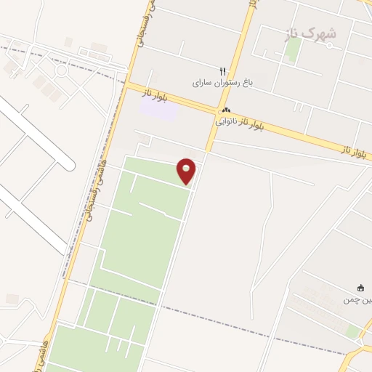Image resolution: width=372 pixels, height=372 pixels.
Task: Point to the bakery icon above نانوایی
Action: [x=225, y=110]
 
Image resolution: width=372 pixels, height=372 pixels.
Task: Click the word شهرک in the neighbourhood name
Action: [x=323, y=33]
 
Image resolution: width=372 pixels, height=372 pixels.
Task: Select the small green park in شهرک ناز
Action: [x=292, y=49]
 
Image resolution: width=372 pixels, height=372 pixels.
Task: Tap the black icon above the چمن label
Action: [x=360, y=288]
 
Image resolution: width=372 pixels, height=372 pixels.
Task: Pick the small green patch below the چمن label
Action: [x=354, y=331]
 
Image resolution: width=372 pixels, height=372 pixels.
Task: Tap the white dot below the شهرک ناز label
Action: [x=329, y=45]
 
